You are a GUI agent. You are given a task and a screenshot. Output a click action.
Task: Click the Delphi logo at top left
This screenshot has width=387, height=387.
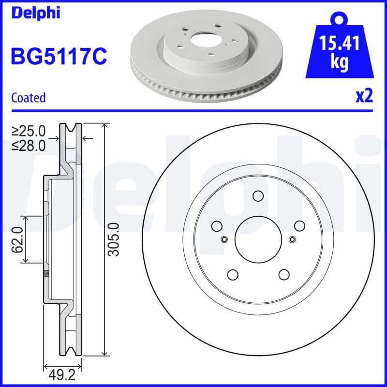click(35, 13)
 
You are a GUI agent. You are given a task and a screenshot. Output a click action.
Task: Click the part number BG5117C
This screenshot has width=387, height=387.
click(58, 57)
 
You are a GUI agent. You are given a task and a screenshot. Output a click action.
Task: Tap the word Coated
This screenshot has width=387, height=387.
click(29, 97)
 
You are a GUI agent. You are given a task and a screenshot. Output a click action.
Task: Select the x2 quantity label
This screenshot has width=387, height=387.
click(364, 96)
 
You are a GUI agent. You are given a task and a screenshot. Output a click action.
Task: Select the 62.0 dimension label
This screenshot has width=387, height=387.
click(17, 240)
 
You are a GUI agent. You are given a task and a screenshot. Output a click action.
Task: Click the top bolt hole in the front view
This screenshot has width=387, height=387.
click(257, 195)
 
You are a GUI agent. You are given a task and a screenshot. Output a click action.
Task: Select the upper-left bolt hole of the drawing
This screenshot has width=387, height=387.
click(216, 225)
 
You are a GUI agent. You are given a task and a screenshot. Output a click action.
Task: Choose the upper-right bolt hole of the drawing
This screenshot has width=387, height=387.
click(299, 225)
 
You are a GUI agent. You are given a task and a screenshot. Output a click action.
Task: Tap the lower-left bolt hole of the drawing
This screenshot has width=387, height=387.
click(232, 274)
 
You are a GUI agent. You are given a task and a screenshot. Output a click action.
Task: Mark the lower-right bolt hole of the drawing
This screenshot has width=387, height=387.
click(283, 274)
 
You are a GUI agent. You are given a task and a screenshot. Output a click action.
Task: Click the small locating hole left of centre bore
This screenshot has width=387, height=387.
click(223, 239)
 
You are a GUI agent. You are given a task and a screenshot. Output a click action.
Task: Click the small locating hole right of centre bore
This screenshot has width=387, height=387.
click(292, 239)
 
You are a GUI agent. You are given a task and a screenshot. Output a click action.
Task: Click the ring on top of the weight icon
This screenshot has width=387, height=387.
click(339, 20)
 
